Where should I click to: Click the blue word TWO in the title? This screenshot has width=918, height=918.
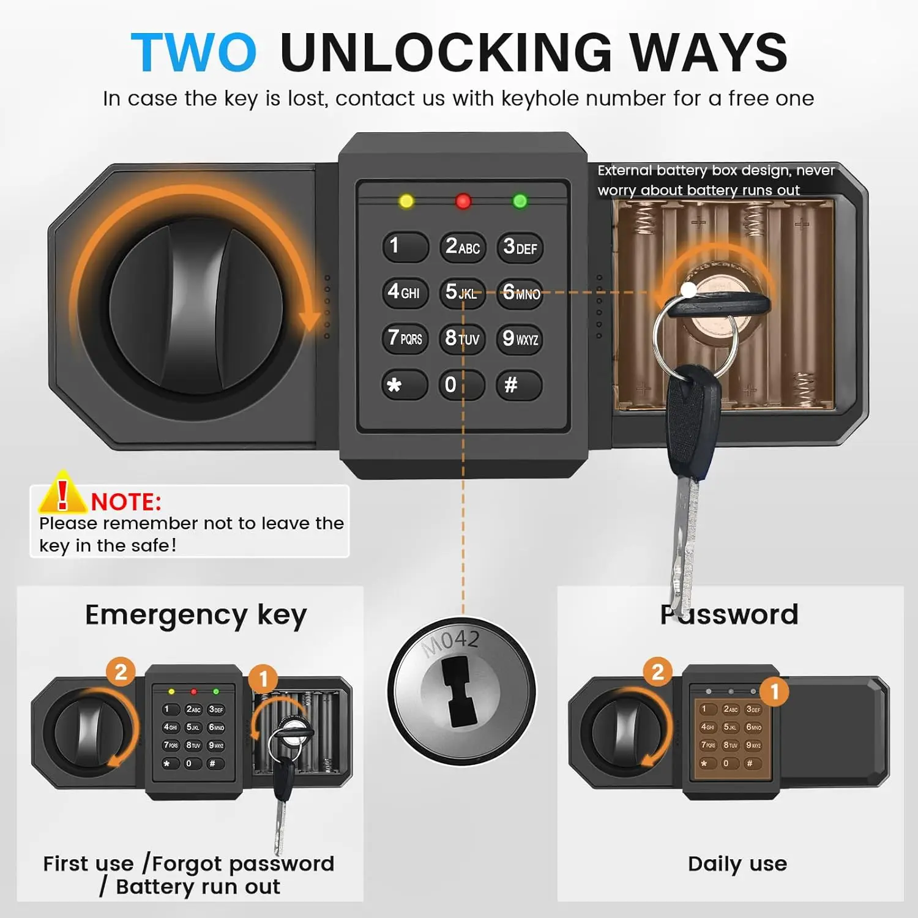(x=193, y=53)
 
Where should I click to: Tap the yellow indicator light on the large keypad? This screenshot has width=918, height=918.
(x=406, y=201)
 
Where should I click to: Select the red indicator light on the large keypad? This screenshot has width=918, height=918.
(x=463, y=201)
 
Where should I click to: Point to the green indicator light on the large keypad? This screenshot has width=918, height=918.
(x=520, y=201)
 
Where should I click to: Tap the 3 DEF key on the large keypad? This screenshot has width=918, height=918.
(x=520, y=247)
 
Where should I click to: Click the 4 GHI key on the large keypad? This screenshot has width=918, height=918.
(x=404, y=292)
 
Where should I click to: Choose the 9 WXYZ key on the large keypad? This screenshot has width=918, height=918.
(x=520, y=338)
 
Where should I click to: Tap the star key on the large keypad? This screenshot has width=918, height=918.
(x=404, y=385)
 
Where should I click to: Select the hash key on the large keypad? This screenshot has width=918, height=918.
(x=518, y=385)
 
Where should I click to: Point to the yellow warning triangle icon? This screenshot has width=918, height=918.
(x=62, y=493)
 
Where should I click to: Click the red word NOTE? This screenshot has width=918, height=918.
(x=126, y=502)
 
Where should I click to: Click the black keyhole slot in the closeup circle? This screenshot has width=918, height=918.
(x=461, y=692)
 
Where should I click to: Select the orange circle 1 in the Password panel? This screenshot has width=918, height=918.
(x=774, y=692)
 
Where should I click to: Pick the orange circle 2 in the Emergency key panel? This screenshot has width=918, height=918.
(x=121, y=672)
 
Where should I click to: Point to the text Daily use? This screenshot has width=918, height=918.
(x=737, y=864)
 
